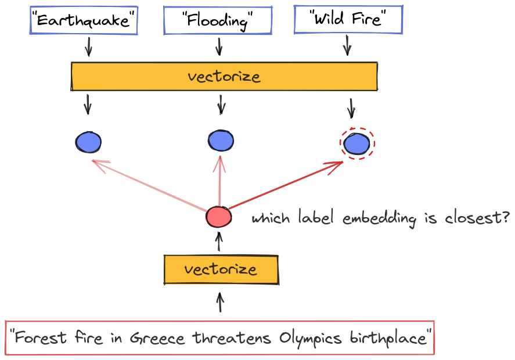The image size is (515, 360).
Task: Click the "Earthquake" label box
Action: click(84, 20)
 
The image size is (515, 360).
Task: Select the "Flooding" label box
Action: click(218, 20)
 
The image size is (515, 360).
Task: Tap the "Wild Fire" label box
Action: click(348, 19)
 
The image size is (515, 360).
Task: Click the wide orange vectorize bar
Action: click(224, 76)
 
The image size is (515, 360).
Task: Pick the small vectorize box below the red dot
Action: click(221, 269)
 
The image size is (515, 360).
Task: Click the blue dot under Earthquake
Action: click(88, 142)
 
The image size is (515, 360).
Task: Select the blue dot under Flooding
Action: click(221, 141)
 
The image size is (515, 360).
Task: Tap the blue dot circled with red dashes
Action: click(356, 143)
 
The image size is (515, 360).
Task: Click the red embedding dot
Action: click(219, 217)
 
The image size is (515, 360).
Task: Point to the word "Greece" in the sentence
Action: click(157, 339)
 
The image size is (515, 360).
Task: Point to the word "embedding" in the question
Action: click(380, 218)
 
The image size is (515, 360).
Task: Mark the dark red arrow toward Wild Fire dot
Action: click(286, 185)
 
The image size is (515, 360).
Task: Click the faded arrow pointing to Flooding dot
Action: click(219, 181)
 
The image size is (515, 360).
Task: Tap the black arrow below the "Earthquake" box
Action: click(88, 46)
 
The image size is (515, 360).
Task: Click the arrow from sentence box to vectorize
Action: click(220, 303)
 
